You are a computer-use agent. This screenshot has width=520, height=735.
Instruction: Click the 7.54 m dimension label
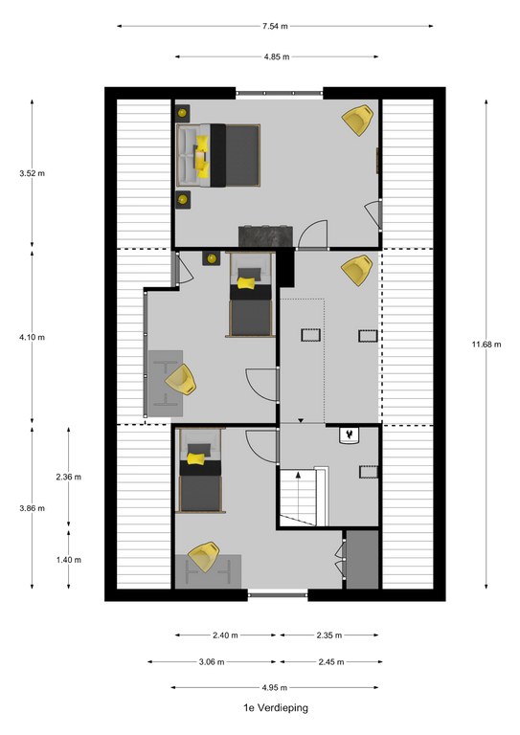pyautogui.click(x=275, y=26)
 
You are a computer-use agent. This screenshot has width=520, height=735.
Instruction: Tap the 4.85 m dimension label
pyautogui.click(x=277, y=57)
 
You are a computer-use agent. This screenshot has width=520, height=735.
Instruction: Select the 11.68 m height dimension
pyautogui.click(x=486, y=345)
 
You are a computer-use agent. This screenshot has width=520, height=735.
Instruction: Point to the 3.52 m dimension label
pyautogui.click(x=33, y=173)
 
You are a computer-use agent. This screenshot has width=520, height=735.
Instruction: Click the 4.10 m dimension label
pyautogui.click(x=33, y=338)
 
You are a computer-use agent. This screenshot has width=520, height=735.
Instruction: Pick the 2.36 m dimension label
pyautogui.click(x=68, y=478)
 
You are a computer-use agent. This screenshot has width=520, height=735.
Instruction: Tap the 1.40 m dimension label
pyautogui.click(x=68, y=560)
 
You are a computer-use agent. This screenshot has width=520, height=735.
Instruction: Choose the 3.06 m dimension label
pyautogui.click(x=212, y=662)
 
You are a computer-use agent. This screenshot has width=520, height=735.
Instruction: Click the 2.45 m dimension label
pyautogui.click(x=331, y=662)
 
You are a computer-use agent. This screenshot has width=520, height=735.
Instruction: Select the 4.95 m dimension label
pyautogui.click(x=275, y=688)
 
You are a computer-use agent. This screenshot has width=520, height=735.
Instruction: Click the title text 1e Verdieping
pyautogui.click(x=276, y=708)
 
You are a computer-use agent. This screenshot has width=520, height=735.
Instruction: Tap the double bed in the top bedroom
pyautogui.click(x=218, y=156)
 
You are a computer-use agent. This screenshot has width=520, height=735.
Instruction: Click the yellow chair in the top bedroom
pyautogui.click(x=358, y=120)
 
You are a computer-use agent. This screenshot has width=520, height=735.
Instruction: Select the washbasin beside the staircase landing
pyautogui.click(x=350, y=435)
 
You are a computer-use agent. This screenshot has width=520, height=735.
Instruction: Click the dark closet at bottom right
pyautogui.click(x=362, y=560)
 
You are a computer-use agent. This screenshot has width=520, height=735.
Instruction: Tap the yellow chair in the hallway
pyautogui.click(x=357, y=270)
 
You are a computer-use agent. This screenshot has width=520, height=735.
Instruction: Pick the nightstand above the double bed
pyautogui.click(x=183, y=113)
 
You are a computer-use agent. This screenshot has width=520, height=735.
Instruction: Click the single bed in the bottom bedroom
pyautogui.click(x=201, y=471)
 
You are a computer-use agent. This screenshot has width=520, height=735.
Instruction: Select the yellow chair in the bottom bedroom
pyautogui.click(x=204, y=557)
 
